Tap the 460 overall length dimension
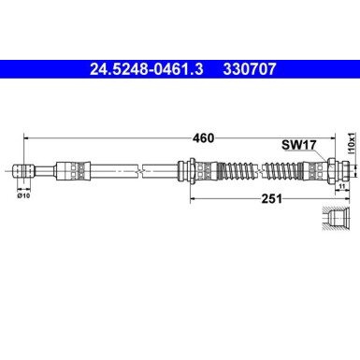203,138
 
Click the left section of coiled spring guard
235,169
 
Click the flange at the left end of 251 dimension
191,169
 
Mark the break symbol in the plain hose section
141,169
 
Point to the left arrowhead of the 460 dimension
23,138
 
